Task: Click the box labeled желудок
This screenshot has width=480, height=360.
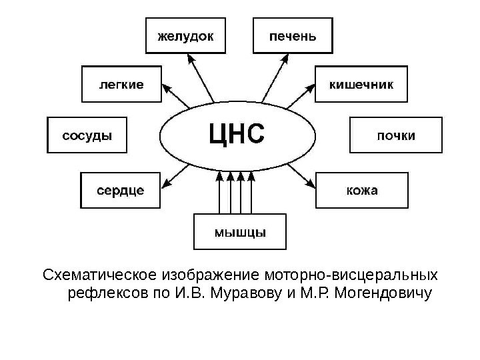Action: tap(185, 35)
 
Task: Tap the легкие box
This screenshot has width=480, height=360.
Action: tap(121, 84)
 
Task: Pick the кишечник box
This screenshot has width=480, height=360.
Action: tap(361, 84)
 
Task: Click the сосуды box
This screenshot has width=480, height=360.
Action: tap(87, 135)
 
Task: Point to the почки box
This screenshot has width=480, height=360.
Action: tap(395, 135)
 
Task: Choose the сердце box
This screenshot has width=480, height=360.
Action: tap(121, 190)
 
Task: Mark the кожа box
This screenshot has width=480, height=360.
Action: tap(361, 190)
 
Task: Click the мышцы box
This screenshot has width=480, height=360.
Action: tap(240, 232)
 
